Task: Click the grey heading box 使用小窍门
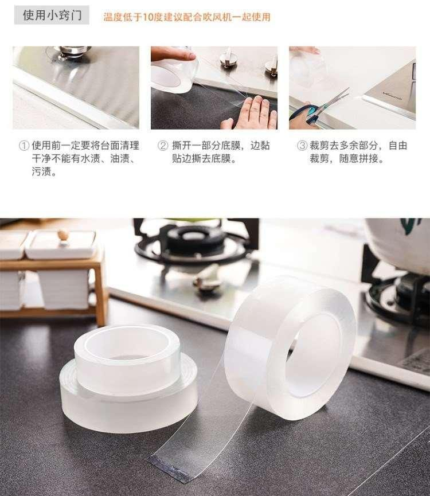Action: coord(52,15)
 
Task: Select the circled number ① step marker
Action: coord(24,146)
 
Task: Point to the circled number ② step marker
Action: coord(163,146)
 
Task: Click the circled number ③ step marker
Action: coord(302,146)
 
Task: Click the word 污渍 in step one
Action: coord(41,172)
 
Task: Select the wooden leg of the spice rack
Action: coord(101,291)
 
